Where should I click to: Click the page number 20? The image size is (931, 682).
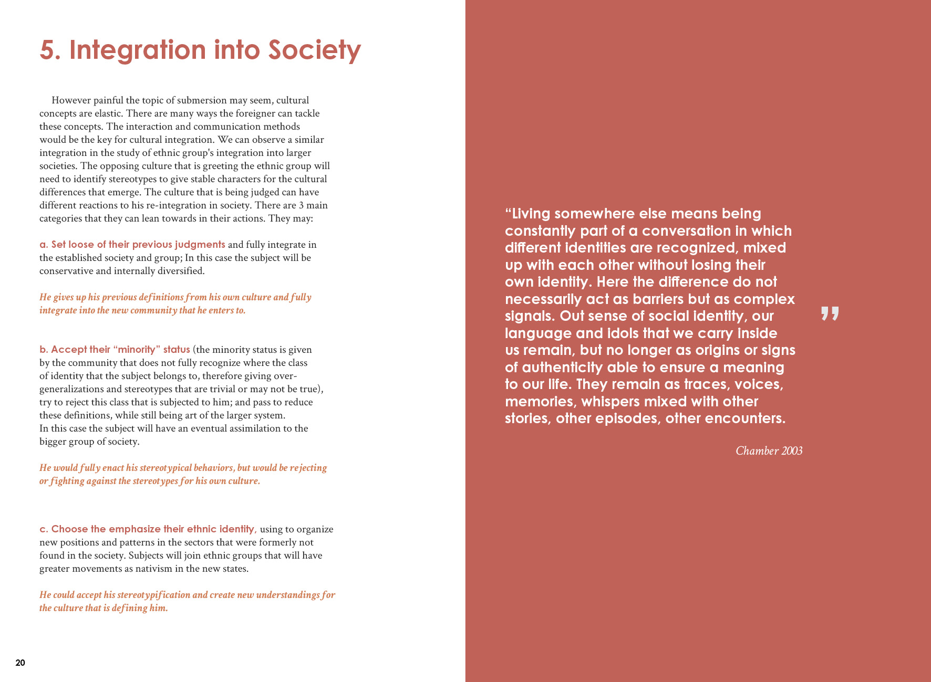(x=20, y=663)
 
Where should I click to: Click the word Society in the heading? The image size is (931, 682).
(x=314, y=50)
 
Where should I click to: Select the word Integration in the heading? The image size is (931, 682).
(x=138, y=50)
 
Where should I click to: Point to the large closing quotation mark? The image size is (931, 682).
(x=830, y=313)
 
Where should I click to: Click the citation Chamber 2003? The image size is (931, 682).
(x=769, y=451)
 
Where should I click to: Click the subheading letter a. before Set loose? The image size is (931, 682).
(x=44, y=245)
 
